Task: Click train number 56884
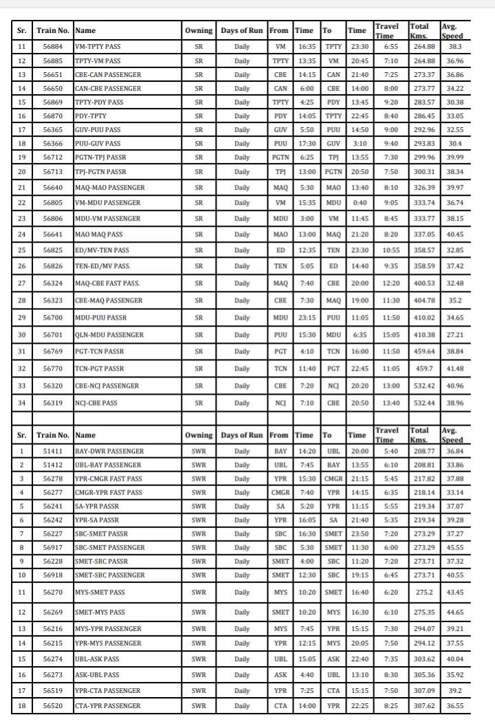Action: (x=53, y=46)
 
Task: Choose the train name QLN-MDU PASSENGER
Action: (x=109, y=335)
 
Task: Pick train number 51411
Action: (x=53, y=451)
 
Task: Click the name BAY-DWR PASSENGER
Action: (x=110, y=451)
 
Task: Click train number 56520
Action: (x=53, y=705)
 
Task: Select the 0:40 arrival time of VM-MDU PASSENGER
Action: (x=357, y=203)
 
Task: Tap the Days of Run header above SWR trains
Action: (x=241, y=435)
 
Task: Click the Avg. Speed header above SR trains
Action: (x=453, y=31)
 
